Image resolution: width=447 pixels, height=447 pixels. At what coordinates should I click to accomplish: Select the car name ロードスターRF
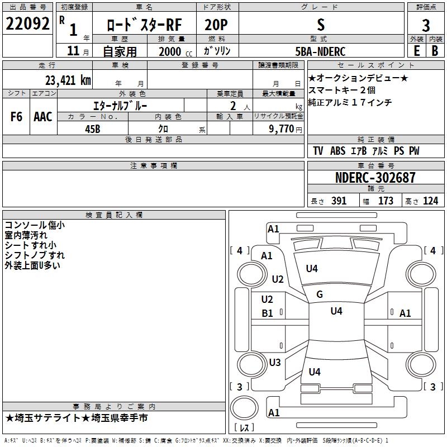(144, 25)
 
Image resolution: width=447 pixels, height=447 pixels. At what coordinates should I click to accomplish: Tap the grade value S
(320, 25)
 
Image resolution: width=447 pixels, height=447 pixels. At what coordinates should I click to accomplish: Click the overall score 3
(426, 25)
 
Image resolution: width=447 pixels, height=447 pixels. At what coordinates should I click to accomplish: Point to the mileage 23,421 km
(68, 80)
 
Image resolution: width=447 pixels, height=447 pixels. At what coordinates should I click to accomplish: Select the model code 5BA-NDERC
(320, 51)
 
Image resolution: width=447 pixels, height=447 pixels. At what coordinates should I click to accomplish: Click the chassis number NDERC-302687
(375, 178)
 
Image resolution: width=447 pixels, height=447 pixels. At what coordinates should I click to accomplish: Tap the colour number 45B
(93, 129)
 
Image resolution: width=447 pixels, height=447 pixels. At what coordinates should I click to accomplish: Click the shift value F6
(16, 117)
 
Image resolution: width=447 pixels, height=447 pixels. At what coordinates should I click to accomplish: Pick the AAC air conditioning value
(43, 117)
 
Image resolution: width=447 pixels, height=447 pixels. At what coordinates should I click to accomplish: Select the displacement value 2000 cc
(173, 51)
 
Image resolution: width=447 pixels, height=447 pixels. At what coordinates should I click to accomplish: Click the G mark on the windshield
(320, 294)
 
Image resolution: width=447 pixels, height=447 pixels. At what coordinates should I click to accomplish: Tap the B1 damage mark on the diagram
(268, 313)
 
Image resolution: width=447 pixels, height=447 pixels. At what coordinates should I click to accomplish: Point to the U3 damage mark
(275, 363)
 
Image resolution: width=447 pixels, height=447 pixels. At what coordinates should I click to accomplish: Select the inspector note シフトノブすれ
(35, 255)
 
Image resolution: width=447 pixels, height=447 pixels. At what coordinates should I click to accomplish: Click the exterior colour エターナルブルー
(120, 105)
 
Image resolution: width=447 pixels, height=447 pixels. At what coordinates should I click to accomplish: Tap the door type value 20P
(216, 25)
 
